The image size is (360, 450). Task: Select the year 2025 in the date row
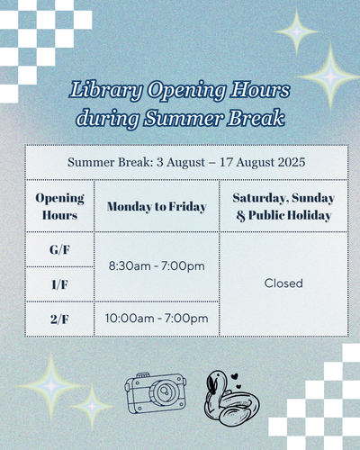292,162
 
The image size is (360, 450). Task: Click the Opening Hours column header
59,206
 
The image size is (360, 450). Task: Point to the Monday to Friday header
157,207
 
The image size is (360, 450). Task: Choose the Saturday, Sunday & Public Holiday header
283,207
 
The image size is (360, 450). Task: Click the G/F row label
59,249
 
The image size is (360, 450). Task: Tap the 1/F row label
59,284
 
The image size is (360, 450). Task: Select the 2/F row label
59,319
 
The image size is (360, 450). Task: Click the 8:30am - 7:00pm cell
157,265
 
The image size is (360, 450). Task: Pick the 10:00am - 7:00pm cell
157,319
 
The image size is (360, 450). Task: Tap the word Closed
283,283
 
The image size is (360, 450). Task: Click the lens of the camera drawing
165,391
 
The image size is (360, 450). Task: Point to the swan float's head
214,382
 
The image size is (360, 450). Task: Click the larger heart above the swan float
235,376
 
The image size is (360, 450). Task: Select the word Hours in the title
260,90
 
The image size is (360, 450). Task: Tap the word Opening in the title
186,90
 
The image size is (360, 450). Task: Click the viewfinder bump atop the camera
143,375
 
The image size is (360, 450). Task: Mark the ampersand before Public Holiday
240,216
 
